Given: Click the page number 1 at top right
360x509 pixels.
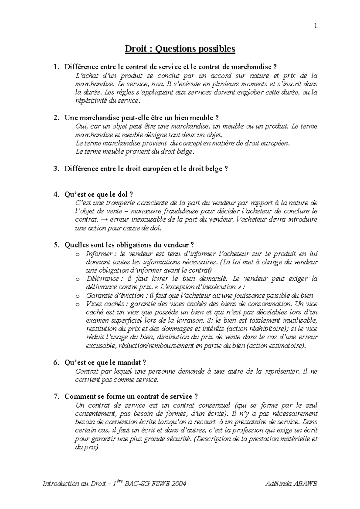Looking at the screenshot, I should [315, 26].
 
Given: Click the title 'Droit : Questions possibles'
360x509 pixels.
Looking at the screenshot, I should [180, 49].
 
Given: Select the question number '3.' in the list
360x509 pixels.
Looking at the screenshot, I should [56, 169].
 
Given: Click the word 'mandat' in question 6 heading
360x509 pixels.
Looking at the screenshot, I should [131, 362].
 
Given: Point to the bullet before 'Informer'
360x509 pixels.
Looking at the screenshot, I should [78, 255].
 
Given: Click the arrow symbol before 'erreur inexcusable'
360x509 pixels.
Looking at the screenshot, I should [104, 219].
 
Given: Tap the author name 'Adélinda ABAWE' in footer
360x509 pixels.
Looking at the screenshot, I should [291, 484].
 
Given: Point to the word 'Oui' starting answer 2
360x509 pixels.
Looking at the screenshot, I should [80, 126].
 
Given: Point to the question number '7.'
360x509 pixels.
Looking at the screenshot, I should [56, 397].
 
